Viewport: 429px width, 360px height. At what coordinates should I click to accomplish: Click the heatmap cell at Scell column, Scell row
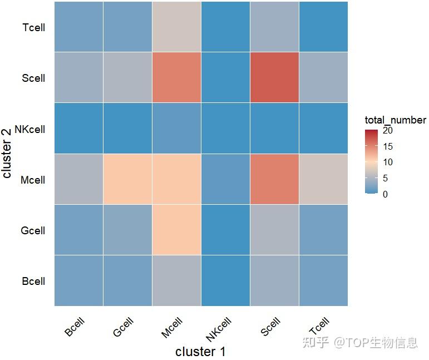click(x=274, y=78)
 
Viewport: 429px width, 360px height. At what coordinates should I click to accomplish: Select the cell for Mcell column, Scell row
click(x=176, y=78)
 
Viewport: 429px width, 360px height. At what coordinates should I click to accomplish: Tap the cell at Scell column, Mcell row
click(x=274, y=180)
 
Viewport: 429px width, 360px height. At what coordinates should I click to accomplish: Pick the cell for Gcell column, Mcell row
click(x=127, y=180)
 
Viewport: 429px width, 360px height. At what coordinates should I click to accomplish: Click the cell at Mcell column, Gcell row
click(x=176, y=230)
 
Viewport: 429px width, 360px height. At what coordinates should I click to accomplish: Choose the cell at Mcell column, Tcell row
click(x=176, y=27)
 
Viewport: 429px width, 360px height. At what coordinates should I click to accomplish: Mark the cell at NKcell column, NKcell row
click(x=225, y=129)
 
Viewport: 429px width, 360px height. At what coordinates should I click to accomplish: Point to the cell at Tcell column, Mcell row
click(x=323, y=180)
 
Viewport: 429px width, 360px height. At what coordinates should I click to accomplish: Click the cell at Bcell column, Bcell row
click(x=78, y=281)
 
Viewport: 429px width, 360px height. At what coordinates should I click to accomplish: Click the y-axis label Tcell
click(x=34, y=27)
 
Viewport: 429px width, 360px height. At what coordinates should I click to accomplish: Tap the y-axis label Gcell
click(x=33, y=230)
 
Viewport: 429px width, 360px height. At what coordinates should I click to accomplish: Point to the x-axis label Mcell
click(x=172, y=327)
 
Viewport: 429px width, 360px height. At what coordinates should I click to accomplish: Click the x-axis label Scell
click(x=270, y=327)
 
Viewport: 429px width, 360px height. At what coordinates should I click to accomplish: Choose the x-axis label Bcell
click(x=75, y=327)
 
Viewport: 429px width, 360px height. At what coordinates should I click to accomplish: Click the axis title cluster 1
click(x=200, y=352)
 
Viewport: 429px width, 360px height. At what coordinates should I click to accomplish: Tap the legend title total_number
click(x=395, y=120)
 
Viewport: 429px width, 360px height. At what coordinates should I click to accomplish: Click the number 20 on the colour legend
click(x=388, y=131)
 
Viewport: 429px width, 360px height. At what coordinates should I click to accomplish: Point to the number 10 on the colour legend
click(x=388, y=162)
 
